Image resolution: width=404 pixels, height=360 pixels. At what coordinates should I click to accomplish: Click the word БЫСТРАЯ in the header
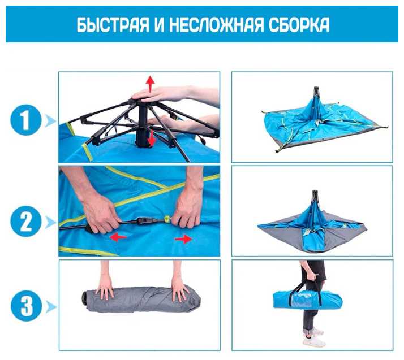click(113, 25)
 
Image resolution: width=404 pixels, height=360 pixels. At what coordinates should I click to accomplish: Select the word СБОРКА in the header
click(299, 25)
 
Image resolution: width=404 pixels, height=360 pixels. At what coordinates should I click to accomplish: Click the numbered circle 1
click(26, 120)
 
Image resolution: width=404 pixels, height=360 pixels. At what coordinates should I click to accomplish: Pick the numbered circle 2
click(26, 222)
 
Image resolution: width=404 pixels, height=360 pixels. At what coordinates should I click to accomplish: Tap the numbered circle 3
click(26, 306)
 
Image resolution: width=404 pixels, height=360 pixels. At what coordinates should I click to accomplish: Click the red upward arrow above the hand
click(150, 84)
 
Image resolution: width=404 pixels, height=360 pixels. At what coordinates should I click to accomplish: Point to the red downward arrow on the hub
click(152, 138)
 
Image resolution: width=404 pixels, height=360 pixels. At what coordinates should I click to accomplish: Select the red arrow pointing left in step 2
click(118, 237)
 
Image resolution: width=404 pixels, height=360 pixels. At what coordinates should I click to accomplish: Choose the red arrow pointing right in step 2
click(183, 239)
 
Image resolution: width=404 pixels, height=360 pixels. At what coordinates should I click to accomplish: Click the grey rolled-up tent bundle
click(141, 299)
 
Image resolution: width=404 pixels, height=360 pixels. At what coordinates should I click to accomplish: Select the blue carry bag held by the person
click(307, 299)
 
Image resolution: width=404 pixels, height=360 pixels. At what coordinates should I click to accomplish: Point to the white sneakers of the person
click(313, 337)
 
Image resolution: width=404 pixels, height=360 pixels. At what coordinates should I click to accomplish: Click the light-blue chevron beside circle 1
click(50, 120)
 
